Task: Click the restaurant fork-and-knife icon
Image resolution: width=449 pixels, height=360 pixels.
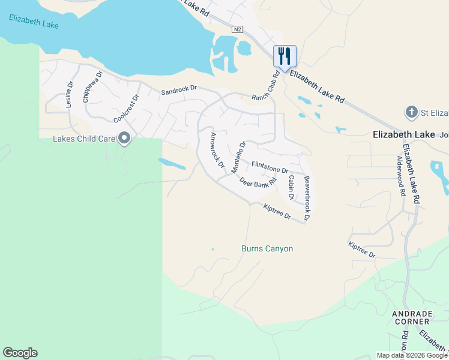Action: (x=285, y=56)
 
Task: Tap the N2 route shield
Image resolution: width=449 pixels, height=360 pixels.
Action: (x=238, y=29)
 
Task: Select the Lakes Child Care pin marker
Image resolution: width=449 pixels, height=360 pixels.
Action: (x=124, y=139)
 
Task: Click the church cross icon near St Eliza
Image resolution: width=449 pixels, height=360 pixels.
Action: (x=411, y=112)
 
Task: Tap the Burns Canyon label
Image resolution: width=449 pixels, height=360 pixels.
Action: (x=267, y=248)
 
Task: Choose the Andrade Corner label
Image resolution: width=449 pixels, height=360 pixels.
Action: (x=412, y=317)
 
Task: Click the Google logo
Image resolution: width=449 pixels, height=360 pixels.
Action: (x=20, y=353)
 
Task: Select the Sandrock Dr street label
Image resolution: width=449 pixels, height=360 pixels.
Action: (x=179, y=89)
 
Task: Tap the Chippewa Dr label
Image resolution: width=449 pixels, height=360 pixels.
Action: (x=93, y=87)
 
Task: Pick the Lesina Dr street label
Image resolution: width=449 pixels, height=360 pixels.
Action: (x=69, y=95)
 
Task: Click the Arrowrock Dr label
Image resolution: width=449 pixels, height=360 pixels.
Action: (x=214, y=149)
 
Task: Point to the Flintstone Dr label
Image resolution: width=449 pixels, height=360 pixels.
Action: (x=270, y=166)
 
